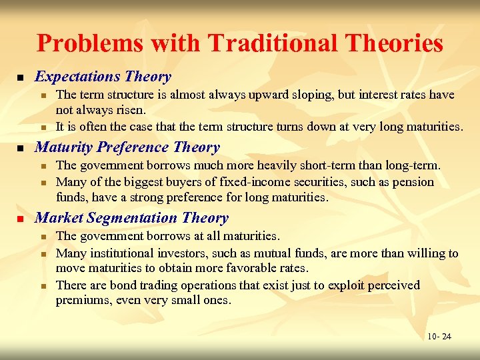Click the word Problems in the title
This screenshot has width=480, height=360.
91,43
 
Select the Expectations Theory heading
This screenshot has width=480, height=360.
103,77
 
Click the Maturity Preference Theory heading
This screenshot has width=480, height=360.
127,147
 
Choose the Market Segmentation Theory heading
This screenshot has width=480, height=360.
131,218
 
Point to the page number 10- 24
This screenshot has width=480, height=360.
439,336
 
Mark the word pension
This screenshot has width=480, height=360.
413,182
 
